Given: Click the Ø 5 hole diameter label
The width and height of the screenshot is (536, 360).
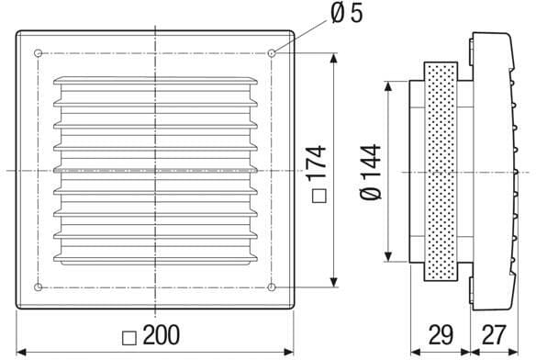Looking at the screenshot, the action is click(x=347, y=14).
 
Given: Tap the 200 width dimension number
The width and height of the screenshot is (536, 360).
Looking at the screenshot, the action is click(x=162, y=335).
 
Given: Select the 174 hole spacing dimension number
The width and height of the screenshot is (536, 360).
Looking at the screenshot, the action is click(x=317, y=163).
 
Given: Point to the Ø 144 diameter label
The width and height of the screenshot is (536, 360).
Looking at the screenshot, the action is click(x=371, y=172).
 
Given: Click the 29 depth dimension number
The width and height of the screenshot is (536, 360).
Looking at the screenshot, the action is click(x=441, y=335).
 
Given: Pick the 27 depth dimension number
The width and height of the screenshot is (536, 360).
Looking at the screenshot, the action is click(x=493, y=335).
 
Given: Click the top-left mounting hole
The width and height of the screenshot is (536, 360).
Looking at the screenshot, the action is click(x=39, y=53).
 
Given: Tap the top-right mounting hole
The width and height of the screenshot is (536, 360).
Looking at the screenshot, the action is click(x=272, y=53).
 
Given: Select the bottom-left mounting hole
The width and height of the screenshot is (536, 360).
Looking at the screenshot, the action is click(x=39, y=287).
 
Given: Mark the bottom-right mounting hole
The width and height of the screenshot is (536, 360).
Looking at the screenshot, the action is click(x=272, y=287).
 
